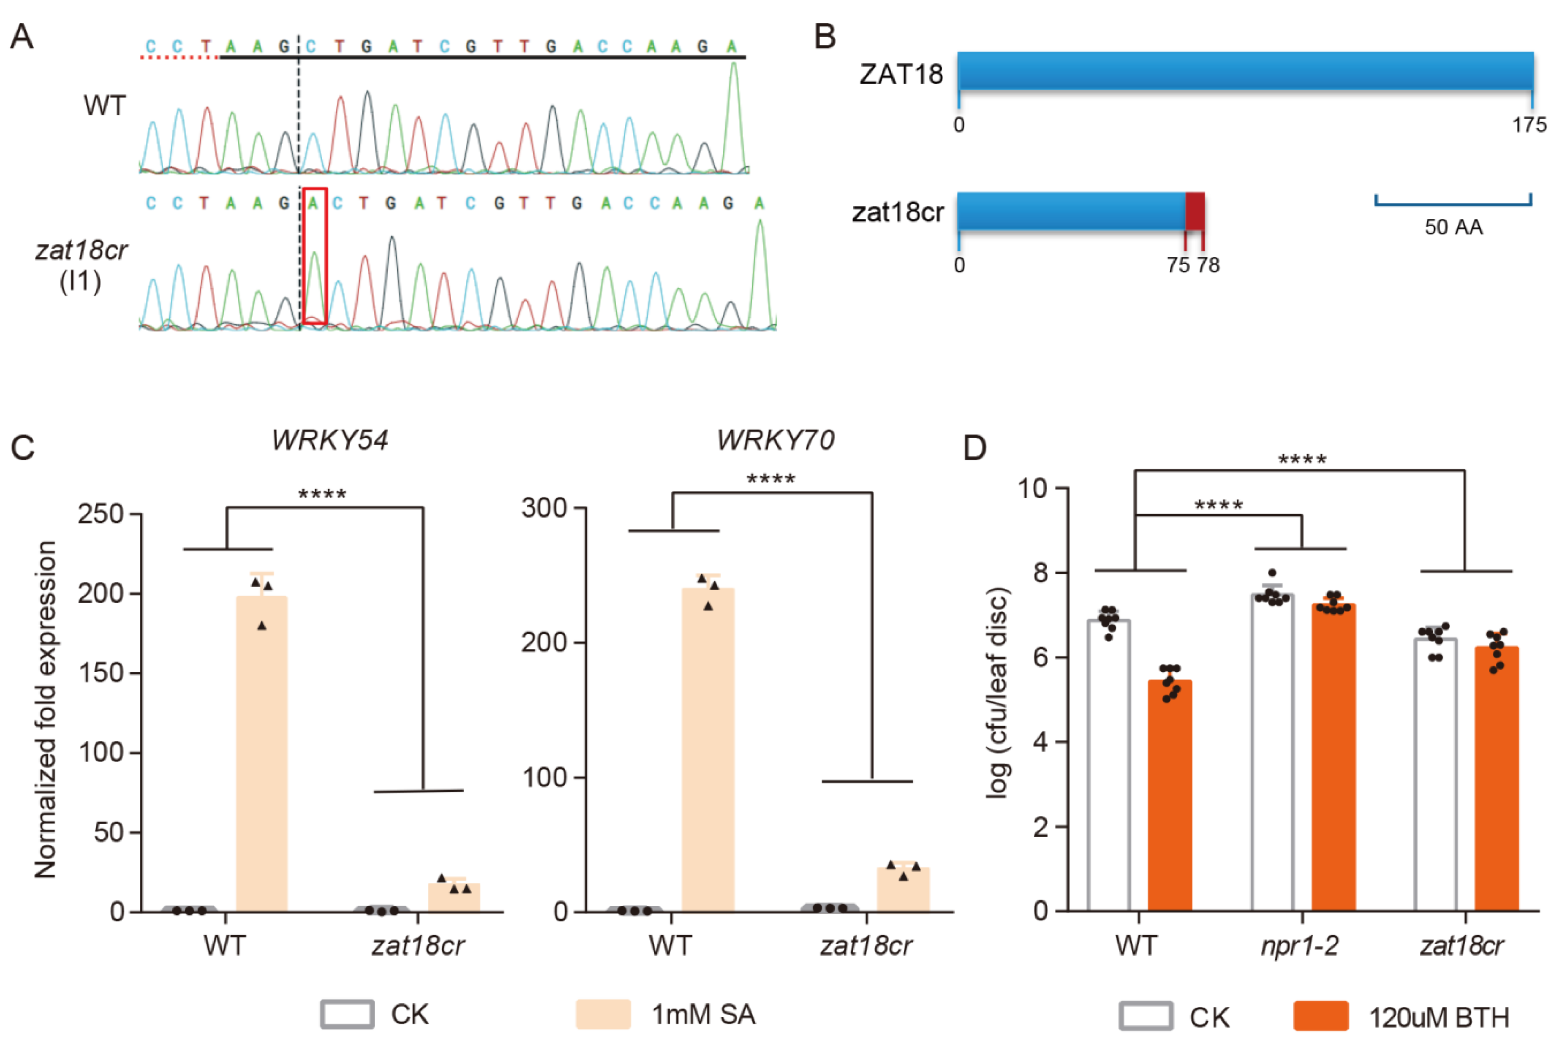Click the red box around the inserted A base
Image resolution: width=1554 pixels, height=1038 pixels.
coord(315,256)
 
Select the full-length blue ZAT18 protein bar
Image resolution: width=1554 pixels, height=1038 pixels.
coord(1245,71)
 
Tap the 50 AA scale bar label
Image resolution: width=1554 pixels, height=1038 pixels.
coord(1453,227)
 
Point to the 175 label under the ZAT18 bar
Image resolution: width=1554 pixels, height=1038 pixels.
coord(1529,125)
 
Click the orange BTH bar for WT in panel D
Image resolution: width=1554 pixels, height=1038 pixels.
coord(1170,794)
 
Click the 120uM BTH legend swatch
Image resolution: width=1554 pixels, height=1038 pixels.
coord(1320,1016)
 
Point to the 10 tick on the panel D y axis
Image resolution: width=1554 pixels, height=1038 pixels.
coord(1034,488)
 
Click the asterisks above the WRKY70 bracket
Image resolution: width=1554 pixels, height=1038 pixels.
coord(770,479)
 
